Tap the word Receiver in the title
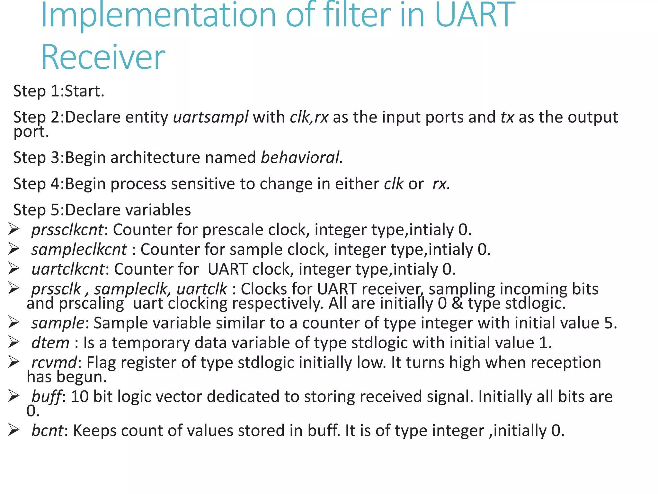click(x=103, y=57)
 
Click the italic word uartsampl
click(x=210, y=117)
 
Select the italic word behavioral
click(x=301, y=158)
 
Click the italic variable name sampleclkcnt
click(x=79, y=250)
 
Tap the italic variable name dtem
click(x=50, y=343)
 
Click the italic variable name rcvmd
click(x=54, y=363)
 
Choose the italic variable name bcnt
click(x=48, y=431)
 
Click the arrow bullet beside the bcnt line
click(x=14, y=430)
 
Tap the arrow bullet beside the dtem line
click(x=14, y=343)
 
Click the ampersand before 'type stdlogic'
click(x=457, y=303)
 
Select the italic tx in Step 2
click(x=507, y=117)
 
